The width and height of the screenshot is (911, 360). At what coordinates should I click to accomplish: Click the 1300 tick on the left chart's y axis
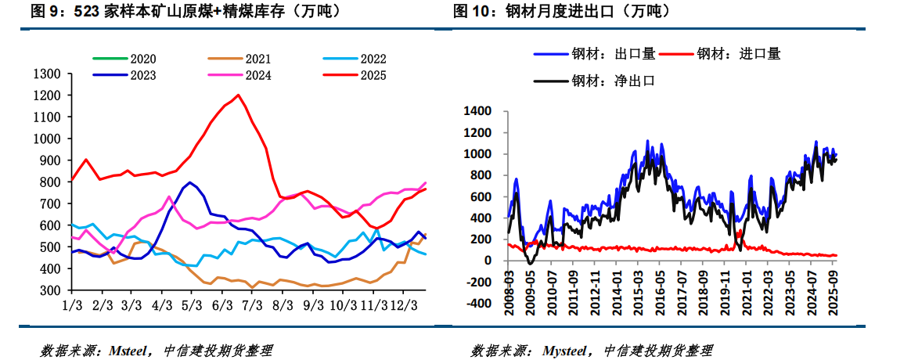coord(48,74)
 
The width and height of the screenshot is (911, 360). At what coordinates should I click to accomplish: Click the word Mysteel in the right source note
coord(567,350)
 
